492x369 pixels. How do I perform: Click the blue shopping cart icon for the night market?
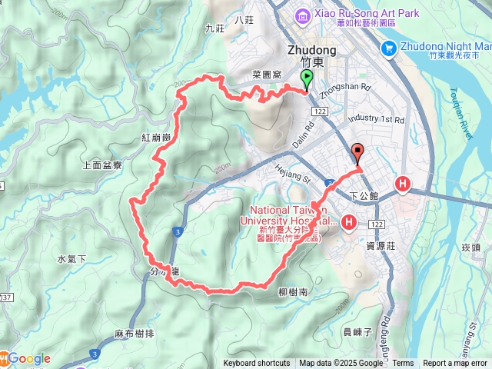[389, 48]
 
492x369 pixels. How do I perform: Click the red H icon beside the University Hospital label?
[349, 223]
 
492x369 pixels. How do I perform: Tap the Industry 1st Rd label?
[376, 120]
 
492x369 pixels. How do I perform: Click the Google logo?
[29, 358]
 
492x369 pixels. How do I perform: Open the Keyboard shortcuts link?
[257, 364]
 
